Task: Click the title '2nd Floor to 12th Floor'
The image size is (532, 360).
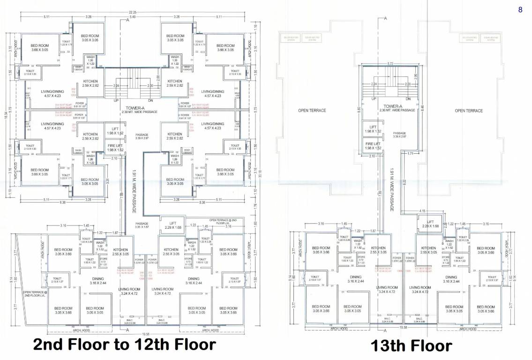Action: tap(124, 345)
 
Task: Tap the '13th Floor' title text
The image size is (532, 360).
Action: tap(412, 346)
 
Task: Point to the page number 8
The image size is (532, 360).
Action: tap(520, 10)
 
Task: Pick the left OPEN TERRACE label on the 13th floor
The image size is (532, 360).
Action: tap(312, 111)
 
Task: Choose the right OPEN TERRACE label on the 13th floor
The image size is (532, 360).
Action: tap(469, 111)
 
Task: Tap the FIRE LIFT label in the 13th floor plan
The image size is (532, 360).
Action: tap(374, 146)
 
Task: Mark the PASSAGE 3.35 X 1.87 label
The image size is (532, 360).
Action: tap(142, 225)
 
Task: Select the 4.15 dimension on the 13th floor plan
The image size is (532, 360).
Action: tap(421, 211)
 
